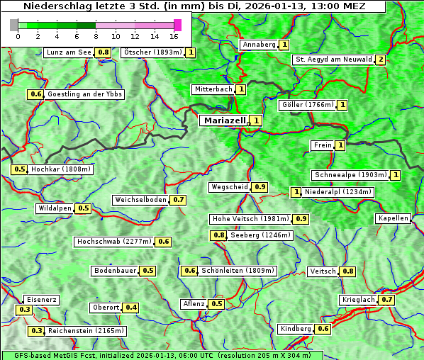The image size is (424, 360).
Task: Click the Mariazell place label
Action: [x=223, y=120]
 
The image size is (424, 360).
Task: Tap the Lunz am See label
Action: [x=69, y=52]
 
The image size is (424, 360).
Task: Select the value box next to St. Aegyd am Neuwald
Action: [x=381, y=60]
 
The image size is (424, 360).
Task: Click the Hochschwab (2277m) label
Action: [x=114, y=242]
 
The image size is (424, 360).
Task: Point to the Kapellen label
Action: [x=394, y=218]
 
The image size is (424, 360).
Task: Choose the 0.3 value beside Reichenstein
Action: [x=35, y=331]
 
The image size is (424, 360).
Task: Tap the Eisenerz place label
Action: [x=41, y=300]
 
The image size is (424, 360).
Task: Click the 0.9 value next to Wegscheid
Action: [x=260, y=187]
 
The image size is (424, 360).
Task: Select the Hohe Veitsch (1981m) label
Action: [x=251, y=219]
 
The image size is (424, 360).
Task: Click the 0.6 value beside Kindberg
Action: [x=323, y=329]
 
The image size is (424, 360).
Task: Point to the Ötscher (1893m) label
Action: [x=152, y=52]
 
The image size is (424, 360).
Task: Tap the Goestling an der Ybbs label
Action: [x=84, y=94]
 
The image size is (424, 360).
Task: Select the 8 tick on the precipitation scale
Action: [x=96, y=36]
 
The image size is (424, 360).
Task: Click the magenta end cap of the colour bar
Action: [x=177, y=25]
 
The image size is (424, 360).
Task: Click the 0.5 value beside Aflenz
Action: [x=217, y=304]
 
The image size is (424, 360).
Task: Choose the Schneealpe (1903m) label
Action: [x=350, y=175]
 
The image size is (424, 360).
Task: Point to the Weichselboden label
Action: [x=141, y=200]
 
